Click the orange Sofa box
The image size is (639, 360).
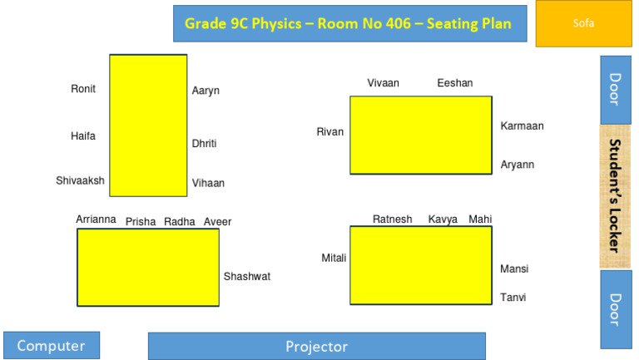pyautogui.click(x=583, y=23)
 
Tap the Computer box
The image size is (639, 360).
pyautogui.click(x=52, y=346)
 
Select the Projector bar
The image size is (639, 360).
pyautogui.click(x=316, y=346)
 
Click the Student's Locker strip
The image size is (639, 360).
pyautogui.click(x=616, y=196)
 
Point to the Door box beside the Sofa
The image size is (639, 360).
pyautogui.click(x=616, y=90)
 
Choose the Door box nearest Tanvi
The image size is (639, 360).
pyautogui.click(x=616, y=308)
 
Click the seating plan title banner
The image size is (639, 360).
pyautogui.click(x=349, y=23)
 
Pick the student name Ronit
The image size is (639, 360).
pyautogui.click(x=83, y=89)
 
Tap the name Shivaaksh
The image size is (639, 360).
pyautogui.click(x=80, y=180)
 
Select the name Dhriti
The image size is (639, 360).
pyautogui.click(x=204, y=143)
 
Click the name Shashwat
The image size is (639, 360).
pyautogui.click(x=247, y=276)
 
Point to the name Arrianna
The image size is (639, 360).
pyautogui.click(x=96, y=219)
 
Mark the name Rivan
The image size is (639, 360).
pyautogui.click(x=329, y=131)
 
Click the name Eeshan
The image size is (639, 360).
pyautogui.click(x=454, y=82)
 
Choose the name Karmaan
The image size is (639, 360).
pyautogui.click(x=522, y=126)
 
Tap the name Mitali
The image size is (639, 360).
pyautogui.click(x=334, y=258)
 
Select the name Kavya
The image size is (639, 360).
pyautogui.click(x=443, y=219)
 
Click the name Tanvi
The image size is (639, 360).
pyautogui.click(x=513, y=297)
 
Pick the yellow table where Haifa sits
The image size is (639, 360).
pyautogui.click(x=148, y=125)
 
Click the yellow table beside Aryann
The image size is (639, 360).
pyautogui.click(x=421, y=135)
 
